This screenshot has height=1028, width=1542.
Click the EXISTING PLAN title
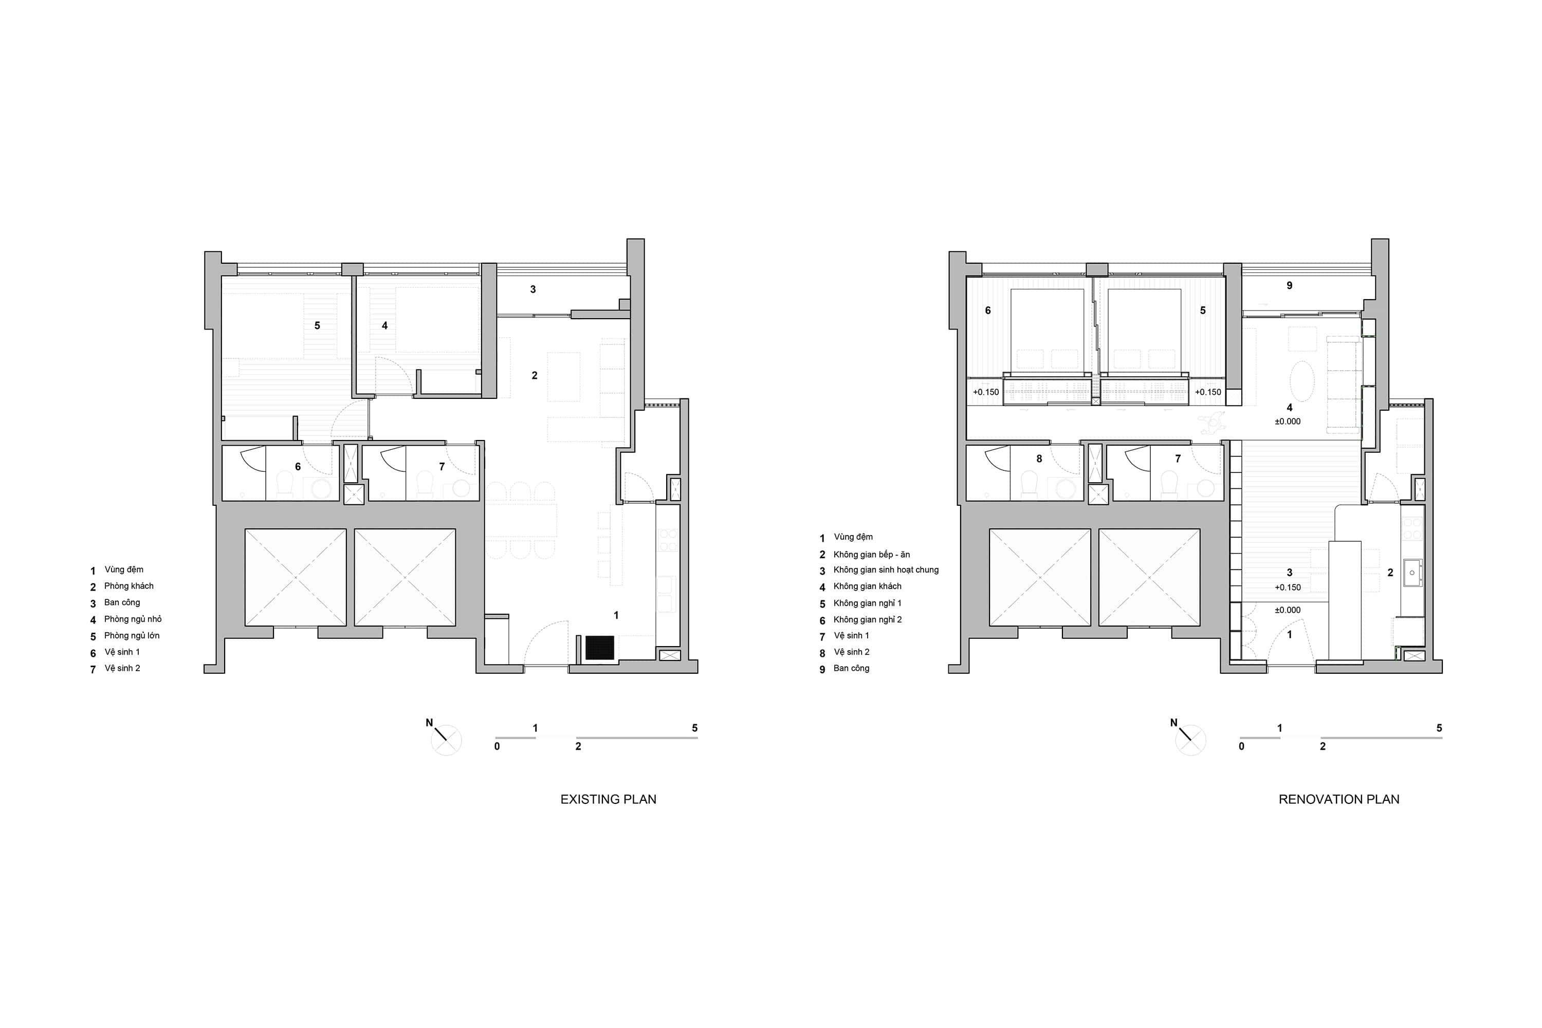(x=609, y=799)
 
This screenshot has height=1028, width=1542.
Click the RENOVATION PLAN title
(x=1339, y=799)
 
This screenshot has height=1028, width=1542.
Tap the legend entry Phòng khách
(x=128, y=586)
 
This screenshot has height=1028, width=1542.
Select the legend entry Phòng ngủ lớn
(x=132, y=635)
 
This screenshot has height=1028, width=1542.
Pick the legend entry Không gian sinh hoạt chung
(x=886, y=570)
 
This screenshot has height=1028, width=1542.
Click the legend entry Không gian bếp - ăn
(x=871, y=554)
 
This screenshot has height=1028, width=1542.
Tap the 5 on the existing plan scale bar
(x=695, y=728)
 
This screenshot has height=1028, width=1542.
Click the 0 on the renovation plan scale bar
(x=1242, y=746)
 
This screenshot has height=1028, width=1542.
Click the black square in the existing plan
(x=599, y=647)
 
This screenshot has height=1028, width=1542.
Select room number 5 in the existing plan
(x=317, y=325)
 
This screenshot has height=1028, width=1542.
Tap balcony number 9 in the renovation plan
(x=1290, y=285)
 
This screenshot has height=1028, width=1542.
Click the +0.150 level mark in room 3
(x=1288, y=588)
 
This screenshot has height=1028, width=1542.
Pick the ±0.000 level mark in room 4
(x=1288, y=421)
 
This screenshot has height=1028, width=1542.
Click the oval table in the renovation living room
(x=1302, y=381)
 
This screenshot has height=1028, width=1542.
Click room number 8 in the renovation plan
(x=1039, y=459)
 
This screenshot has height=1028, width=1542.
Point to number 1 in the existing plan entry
(x=616, y=615)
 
